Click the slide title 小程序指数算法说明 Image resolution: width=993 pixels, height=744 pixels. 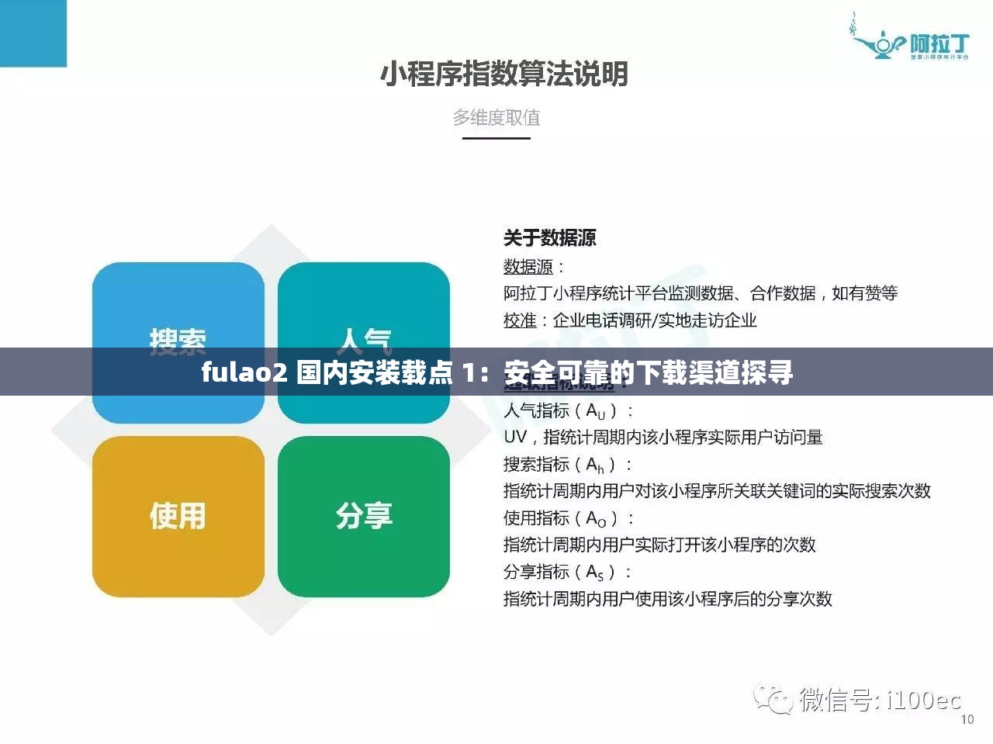(x=503, y=74)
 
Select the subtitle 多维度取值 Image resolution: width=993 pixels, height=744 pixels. (x=496, y=118)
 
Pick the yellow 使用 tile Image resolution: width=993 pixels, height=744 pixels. (x=178, y=516)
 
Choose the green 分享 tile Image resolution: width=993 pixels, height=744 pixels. (x=364, y=516)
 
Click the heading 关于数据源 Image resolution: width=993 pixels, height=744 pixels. (x=549, y=238)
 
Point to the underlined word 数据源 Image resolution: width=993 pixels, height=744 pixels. (x=528, y=267)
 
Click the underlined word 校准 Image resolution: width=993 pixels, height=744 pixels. (x=519, y=320)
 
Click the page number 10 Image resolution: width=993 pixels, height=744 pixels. (x=967, y=719)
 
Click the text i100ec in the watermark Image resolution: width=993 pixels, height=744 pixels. (x=923, y=701)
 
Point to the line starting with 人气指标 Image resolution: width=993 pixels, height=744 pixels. (x=569, y=410)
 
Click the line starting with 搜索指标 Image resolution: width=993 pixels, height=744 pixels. (x=569, y=464)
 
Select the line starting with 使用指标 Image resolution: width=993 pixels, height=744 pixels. (x=569, y=517)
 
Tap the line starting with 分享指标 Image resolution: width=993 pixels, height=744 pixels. (x=569, y=572)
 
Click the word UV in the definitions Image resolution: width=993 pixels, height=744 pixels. (x=514, y=437)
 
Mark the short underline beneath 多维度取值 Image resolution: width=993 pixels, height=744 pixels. (x=496, y=138)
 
